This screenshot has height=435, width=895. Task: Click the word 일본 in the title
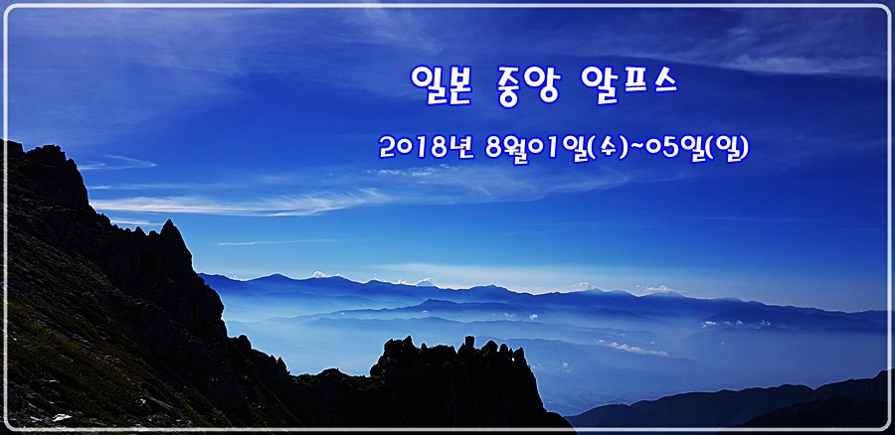[441, 85]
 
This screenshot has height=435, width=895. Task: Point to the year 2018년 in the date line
[427, 147]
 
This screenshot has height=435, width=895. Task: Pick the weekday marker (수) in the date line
[607, 149]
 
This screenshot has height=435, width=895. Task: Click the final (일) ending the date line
[728, 149]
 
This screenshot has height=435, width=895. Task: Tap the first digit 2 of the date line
[387, 148]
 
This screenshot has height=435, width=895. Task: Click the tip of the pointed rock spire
[169, 220]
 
